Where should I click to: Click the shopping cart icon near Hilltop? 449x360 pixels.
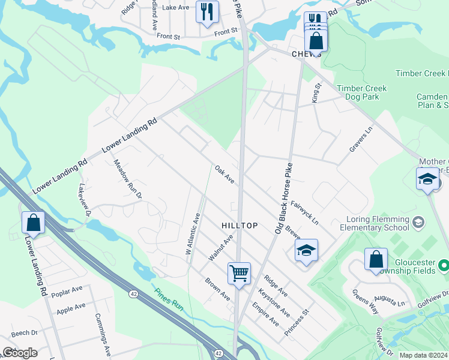pyautogui.click(x=239, y=274)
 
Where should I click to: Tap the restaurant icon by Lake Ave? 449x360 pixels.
pyautogui.click(x=207, y=11)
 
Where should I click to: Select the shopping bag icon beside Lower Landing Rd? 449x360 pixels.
pyautogui.click(x=34, y=223)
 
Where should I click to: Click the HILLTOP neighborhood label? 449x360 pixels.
pyautogui.click(x=240, y=226)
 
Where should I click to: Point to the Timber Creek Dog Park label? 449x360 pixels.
pyautogui.click(x=361, y=92)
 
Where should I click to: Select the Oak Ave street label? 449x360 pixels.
pyautogui.click(x=224, y=175)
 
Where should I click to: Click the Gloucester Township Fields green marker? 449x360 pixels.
pyautogui.click(x=444, y=265)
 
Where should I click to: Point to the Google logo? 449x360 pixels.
pyautogui.click(x=19, y=353)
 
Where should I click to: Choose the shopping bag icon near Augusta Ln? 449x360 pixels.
pyautogui.click(x=376, y=260)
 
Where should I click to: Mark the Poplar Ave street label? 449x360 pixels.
pyautogui.click(x=67, y=292)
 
